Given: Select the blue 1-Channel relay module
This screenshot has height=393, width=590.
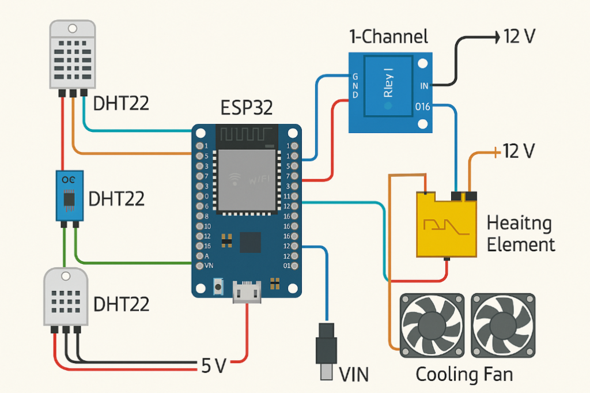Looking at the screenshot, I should tap(390, 91).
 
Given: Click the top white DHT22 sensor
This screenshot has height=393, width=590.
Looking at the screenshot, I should tap(72, 56).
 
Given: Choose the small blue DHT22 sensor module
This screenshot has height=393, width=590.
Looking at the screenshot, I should tap(69, 196).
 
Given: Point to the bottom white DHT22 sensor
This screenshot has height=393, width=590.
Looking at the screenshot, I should tap(65, 297).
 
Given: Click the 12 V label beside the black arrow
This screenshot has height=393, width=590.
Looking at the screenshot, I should tap(520, 36).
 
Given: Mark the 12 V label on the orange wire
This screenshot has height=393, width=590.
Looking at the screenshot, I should tap(520, 151).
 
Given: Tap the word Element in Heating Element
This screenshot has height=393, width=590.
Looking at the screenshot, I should tap(521, 244).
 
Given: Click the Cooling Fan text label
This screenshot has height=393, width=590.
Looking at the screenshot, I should tap(464, 375).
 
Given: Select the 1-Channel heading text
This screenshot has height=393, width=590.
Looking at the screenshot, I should tap(388, 37).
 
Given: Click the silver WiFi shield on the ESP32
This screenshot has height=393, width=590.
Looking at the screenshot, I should tap(246, 179).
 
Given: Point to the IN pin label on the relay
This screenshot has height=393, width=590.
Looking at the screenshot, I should tap(425, 86).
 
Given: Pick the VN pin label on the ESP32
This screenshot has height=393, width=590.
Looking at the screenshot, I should tap(201, 266).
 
